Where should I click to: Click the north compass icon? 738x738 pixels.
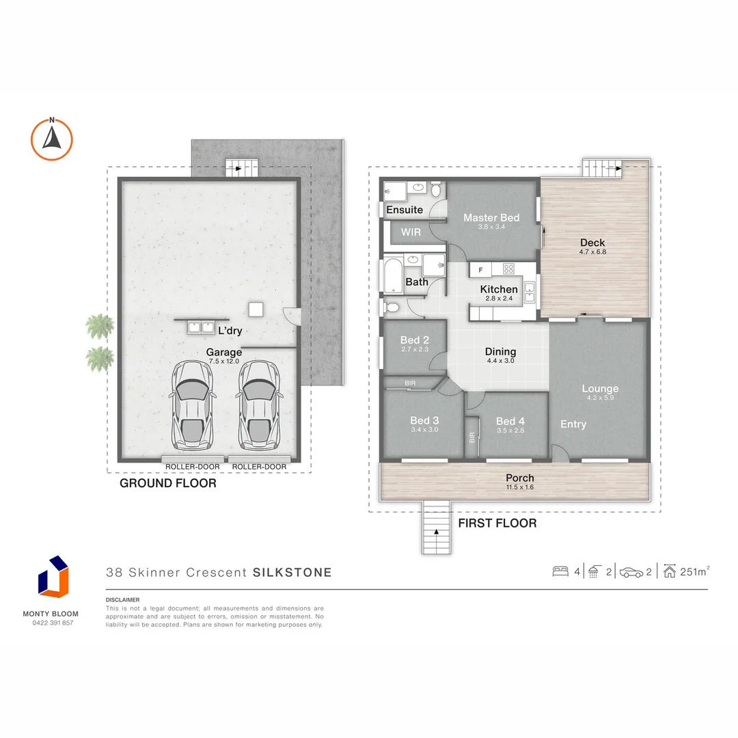[52, 139]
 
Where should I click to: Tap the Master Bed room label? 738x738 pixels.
[491, 217]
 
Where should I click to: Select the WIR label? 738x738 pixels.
[411, 232]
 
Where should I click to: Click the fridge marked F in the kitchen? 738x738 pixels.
[480, 270]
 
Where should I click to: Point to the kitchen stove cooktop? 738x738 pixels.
[508, 269]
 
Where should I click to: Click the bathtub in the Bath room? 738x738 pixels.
[393, 275]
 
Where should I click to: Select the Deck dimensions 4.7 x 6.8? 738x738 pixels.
[592, 251]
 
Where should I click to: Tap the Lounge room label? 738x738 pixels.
[600, 388]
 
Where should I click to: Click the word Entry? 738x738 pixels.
[573, 424]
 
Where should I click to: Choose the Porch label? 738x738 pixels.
[519, 478]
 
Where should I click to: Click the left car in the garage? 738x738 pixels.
[193, 405]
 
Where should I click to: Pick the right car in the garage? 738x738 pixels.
[260, 405]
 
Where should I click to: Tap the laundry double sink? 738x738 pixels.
[201, 327]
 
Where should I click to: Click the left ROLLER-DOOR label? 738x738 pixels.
[193, 467]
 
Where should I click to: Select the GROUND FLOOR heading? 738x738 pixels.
[168, 483]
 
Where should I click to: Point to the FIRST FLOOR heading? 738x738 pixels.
[497, 523]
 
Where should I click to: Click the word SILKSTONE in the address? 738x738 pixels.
[292, 573]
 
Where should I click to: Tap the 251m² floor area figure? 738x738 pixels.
[695, 571]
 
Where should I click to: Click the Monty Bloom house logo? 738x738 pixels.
[53, 577]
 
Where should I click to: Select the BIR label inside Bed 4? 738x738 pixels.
[472, 438]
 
